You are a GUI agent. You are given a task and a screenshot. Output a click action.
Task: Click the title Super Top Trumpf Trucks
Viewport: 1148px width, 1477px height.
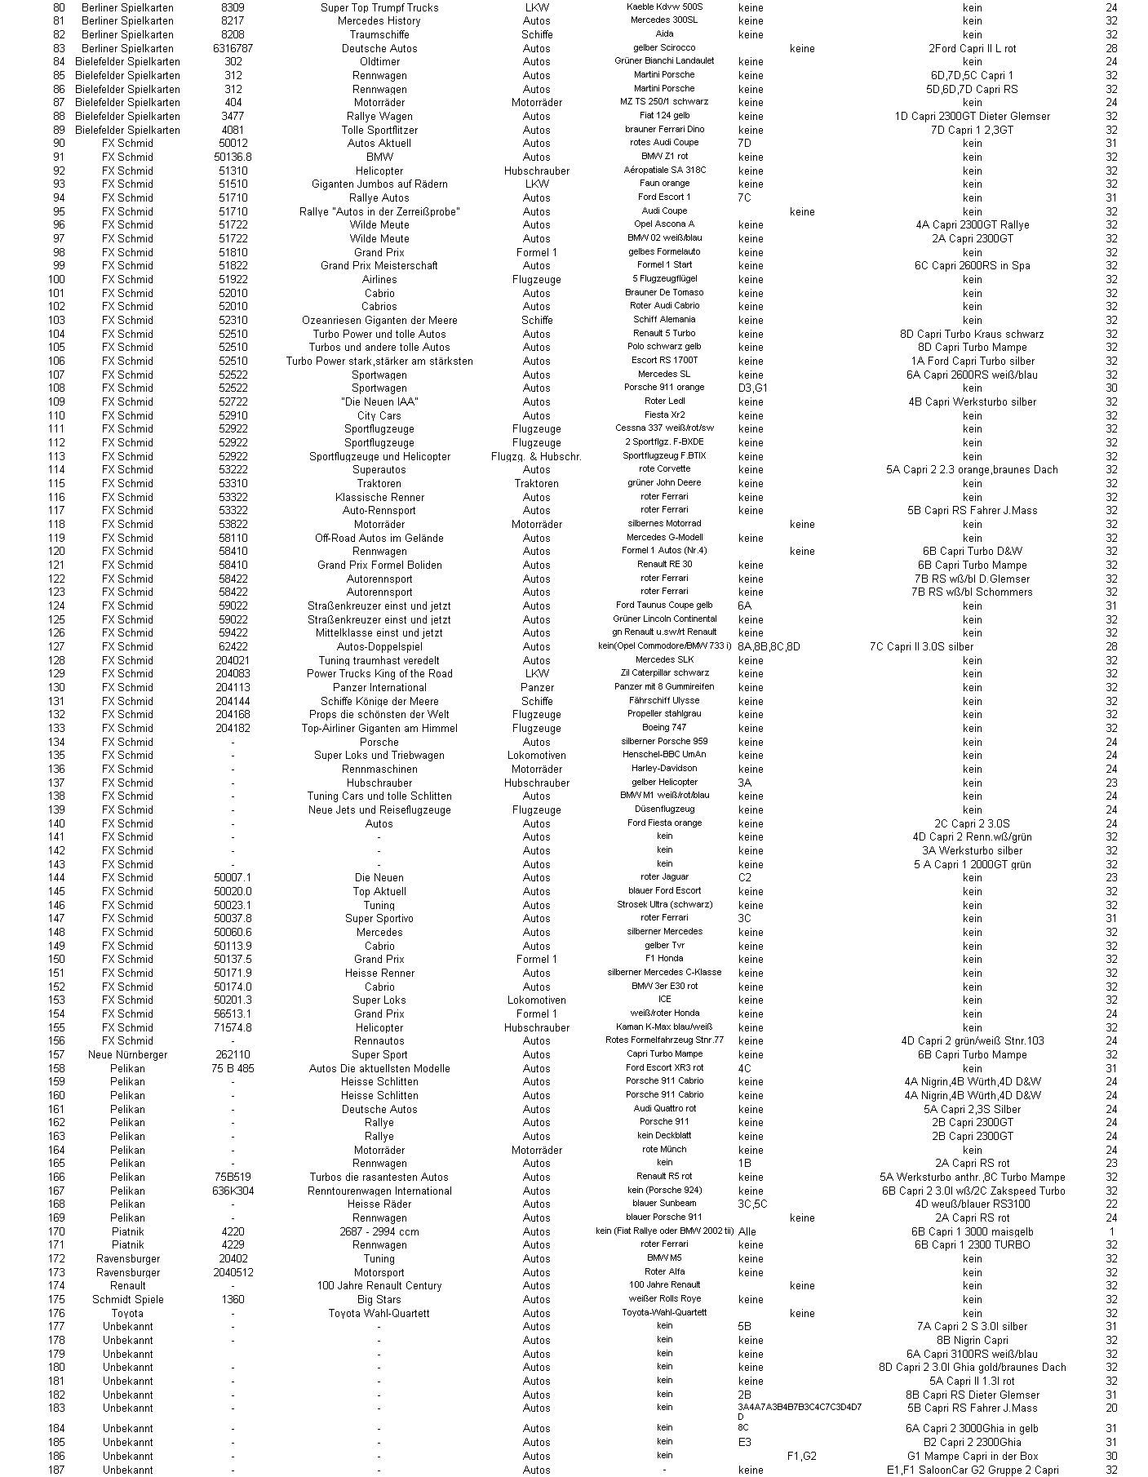[379, 7]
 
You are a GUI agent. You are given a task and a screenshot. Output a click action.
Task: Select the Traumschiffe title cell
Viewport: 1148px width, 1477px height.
[379, 34]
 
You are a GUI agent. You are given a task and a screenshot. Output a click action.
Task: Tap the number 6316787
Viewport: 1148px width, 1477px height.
[233, 48]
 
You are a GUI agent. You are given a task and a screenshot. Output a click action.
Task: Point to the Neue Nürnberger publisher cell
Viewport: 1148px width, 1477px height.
[127, 1054]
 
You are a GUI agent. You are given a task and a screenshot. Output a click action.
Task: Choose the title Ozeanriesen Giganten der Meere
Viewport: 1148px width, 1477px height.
[379, 320]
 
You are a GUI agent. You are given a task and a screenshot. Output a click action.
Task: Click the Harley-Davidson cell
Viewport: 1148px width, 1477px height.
[664, 769]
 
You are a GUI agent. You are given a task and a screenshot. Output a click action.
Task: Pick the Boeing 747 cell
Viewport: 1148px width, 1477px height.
[664, 728]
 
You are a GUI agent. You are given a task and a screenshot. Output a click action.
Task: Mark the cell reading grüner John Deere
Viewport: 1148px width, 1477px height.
[664, 483]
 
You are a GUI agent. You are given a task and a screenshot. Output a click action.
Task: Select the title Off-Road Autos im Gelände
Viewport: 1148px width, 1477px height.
[379, 538]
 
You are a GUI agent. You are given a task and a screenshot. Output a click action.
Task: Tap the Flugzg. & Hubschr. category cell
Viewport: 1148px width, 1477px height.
[536, 456]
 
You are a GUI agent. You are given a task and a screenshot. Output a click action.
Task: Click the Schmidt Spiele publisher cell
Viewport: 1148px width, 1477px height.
[127, 1299]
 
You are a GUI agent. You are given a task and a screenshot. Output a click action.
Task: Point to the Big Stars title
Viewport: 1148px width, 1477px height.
[379, 1299]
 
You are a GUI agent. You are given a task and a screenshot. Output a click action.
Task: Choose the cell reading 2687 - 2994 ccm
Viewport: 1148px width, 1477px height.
[379, 1231]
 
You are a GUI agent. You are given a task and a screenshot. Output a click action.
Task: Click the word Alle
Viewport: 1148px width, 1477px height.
[747, 1231]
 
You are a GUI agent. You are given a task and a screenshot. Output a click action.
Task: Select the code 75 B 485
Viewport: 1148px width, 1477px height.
[233, 1068]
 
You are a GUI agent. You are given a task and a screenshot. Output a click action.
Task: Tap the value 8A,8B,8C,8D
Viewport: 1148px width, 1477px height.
[769, 646]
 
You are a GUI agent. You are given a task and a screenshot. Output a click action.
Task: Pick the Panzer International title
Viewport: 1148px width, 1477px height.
[379, 687]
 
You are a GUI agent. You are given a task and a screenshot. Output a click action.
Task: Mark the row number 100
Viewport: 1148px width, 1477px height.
[56, 279]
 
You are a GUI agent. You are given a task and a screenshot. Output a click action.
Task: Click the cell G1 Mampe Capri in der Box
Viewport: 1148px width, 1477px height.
[972, 1456]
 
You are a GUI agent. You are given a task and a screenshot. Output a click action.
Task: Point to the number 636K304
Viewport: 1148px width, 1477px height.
[233, 1191]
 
